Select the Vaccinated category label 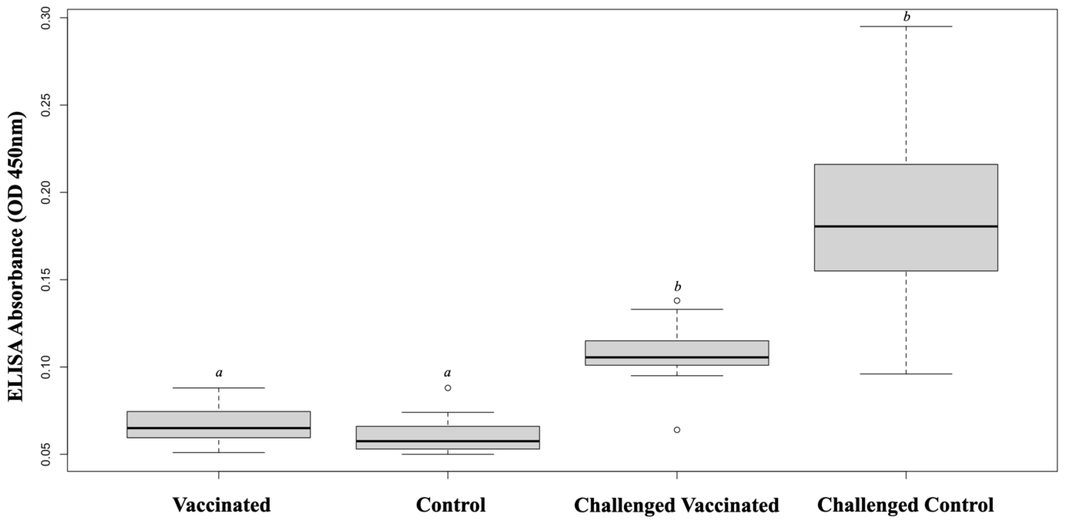[x=222, y=505]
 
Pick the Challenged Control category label [x=906, y=505]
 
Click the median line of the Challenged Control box [x=906, y=226]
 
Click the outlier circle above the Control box [x=448, y=388]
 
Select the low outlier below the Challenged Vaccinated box [x=677, y=430]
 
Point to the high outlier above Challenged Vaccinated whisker [x=677, y=300]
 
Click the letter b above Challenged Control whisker [x=907, y=17]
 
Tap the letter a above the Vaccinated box [x=219, y=373]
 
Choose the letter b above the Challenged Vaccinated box [x=677, y=287]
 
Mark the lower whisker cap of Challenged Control [x=906, y=374]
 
